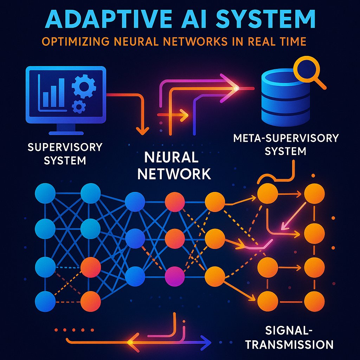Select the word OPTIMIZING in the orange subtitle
pyautogui.click(x=75, y=41)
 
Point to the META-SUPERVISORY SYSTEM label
pyautogui.click(x=285, y=144)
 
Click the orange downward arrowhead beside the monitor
pyautogui.click(x=142, y=130)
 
